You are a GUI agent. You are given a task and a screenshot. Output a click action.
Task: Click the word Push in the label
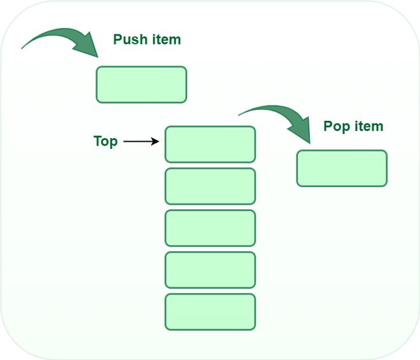pos(129,39)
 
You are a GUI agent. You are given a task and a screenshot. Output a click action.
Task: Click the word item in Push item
pos(165,39)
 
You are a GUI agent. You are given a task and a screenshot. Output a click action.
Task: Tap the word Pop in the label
pos(337,126)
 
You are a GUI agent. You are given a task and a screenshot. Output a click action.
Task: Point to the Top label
pos(106,141)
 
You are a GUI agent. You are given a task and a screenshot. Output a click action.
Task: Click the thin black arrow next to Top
pos(141,141)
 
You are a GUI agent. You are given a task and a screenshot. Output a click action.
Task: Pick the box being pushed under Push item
pos(141,85)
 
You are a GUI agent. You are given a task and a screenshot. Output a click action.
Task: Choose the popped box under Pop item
pos(342,169)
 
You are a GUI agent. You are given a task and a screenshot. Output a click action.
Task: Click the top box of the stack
pos(210,144)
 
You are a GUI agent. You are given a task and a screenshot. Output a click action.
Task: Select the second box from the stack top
pos(210,186)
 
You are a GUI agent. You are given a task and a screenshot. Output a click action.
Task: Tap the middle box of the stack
pos(210,228)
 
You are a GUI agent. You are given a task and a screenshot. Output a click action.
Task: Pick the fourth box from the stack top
pos(210,270)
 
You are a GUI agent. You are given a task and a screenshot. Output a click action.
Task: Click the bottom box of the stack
pos(210,312)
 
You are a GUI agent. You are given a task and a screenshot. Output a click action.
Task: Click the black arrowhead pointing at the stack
pos(155,141)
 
